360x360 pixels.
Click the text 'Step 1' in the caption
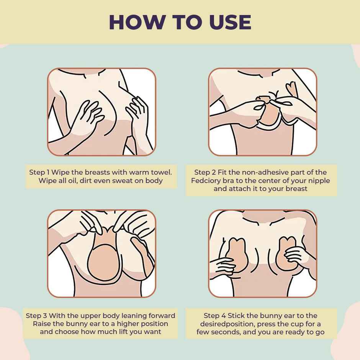[x=40, y=172]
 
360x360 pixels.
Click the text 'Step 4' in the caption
[x=215, y=316]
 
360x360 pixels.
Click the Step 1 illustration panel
[x=101, y=111]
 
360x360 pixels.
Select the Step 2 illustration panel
[x=262, y=111]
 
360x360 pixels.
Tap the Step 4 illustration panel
[x=262, y=254]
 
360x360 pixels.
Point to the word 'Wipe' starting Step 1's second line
[x=47, y=181]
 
